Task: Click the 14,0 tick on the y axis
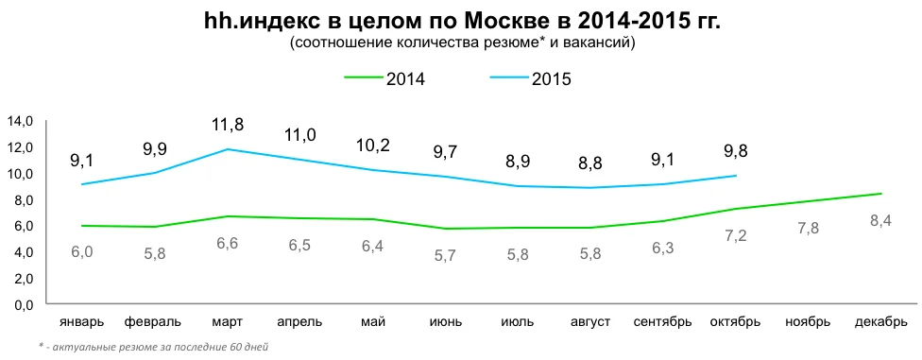(20, 121)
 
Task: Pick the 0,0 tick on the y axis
(20, 305)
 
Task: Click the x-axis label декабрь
(880, 321)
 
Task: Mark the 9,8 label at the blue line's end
(736, 150)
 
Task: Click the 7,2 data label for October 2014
(736, 235)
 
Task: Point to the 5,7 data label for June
(445, 254)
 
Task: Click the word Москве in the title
(497, 21)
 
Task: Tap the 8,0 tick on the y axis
(20, 200)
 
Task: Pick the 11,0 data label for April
(299, 135)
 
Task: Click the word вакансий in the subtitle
(602, 43)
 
